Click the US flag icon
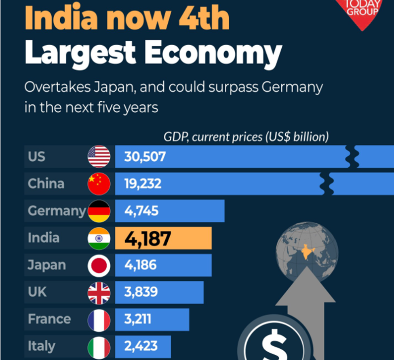click(99, 157)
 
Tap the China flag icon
click(99, 184)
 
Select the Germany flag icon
click(99, 211)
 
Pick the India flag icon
click(99, 238)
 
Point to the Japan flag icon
click(99, 265)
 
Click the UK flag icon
click(99, 293)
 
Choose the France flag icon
click(99, 320)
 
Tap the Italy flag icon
click(99, 347)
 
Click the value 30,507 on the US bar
click(145, 157)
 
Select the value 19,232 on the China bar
click(143, 184)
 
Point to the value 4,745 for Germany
click(141, 211)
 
